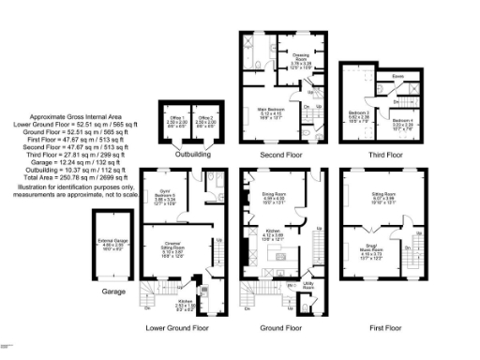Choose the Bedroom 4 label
click(401, 122)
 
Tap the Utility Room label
click(307, 286)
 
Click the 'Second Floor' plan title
click(280, 153)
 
